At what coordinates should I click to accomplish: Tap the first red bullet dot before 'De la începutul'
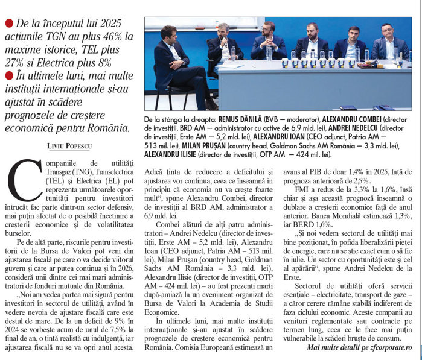pyautogui.click(x=8, y=23)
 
